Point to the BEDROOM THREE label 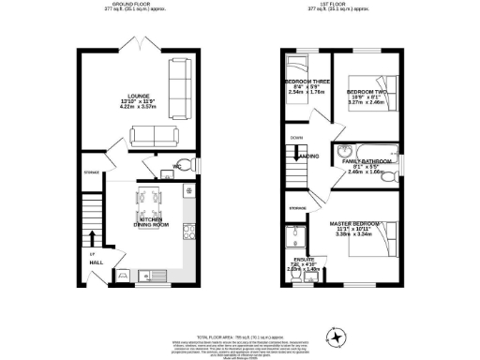click(x=304, y=82)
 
